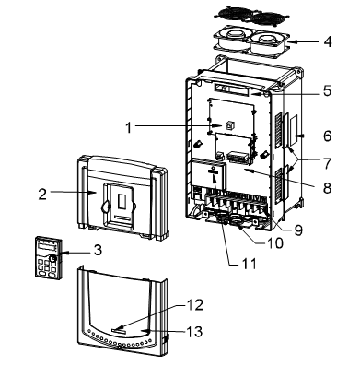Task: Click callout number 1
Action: coord(129,127)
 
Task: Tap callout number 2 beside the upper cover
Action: coord(42,195)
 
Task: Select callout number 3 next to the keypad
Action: coord(98,250)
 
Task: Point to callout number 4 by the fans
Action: coord(328,41)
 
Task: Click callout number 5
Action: coord(327,90)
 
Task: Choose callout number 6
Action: coord(328,136)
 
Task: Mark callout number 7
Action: coord(327,164)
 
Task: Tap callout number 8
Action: coord(327,188)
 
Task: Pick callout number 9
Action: coord(298,230)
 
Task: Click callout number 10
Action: coord(275,243)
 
